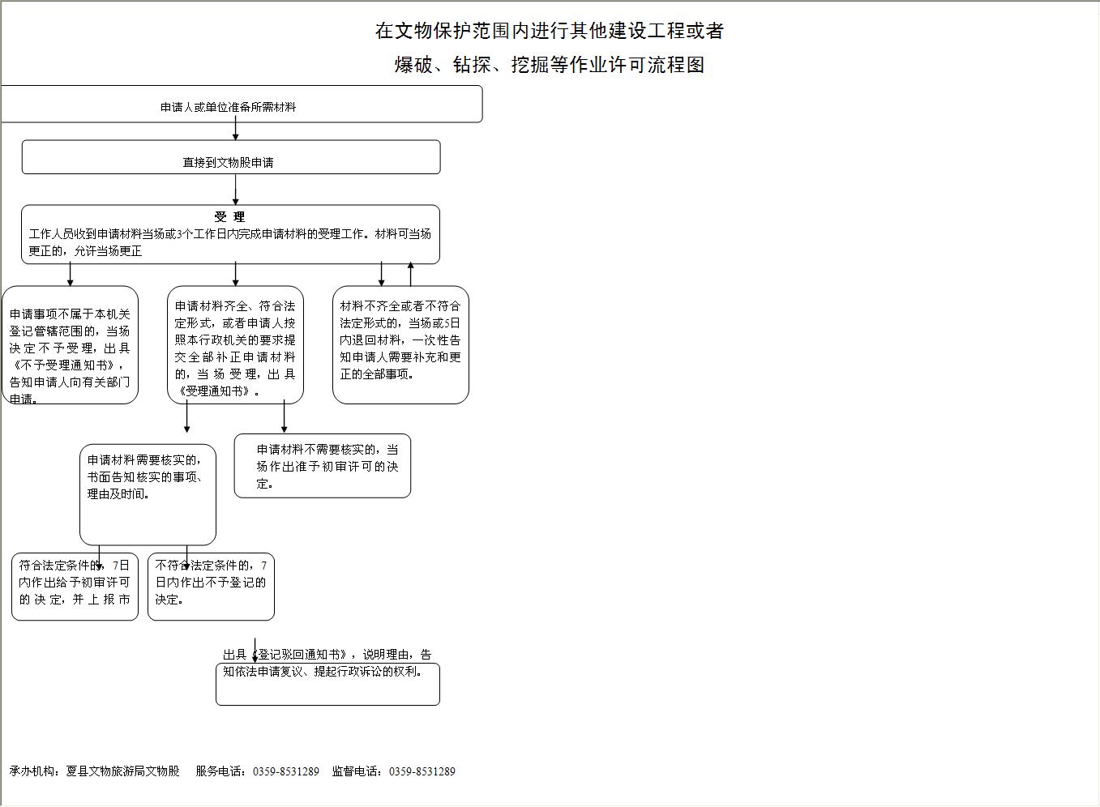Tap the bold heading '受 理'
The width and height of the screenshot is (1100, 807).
click(229, 217)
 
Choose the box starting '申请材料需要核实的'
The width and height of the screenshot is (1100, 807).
click(148, 494)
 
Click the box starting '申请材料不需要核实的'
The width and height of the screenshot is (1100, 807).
click(323, 466)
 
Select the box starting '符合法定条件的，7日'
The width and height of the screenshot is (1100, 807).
click(75, 587)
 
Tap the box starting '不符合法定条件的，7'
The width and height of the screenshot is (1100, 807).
click(211, 587)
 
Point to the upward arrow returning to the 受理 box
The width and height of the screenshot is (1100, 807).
click(411, 275)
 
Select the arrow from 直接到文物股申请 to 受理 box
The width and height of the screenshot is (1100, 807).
click(236, 190)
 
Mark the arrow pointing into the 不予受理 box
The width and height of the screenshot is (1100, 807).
click(71, 275)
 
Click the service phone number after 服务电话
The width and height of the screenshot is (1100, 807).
click(286, 771)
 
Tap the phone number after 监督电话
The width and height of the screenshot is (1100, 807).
click(422, 771)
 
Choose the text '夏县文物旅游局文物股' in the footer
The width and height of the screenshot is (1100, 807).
click(123, 771)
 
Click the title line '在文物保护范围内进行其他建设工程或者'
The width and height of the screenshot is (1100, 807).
click(549, 31)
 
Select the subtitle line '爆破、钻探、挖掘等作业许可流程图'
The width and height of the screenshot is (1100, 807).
click(549, 65)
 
